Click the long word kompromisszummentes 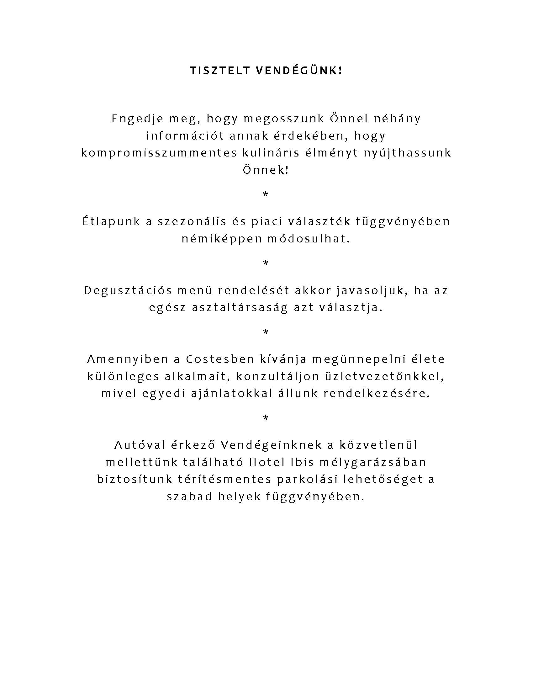(x=159, y=153)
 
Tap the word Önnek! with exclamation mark (x=266, y=170)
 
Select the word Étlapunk (x=111, y=221)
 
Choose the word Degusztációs (x=128, y=290)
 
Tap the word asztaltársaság (x=240, y=308)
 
